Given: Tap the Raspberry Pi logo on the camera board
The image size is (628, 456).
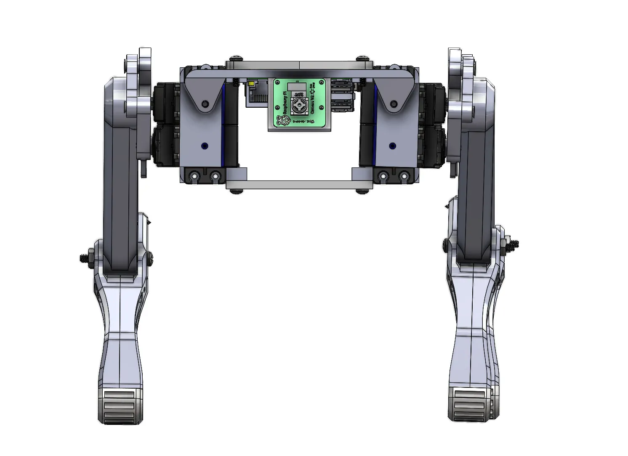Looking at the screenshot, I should pos(283,121).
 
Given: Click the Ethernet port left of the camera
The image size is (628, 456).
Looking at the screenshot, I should pos(256,95).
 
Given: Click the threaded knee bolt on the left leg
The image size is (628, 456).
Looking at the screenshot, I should pos(85,258).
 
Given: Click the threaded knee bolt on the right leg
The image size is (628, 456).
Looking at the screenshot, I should pos(512,244).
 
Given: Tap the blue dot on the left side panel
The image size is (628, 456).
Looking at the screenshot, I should pos(205,146).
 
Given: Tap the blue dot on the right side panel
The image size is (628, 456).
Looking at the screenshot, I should pos(392,146).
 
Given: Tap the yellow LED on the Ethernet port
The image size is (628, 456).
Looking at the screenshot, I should pos(251,84).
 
